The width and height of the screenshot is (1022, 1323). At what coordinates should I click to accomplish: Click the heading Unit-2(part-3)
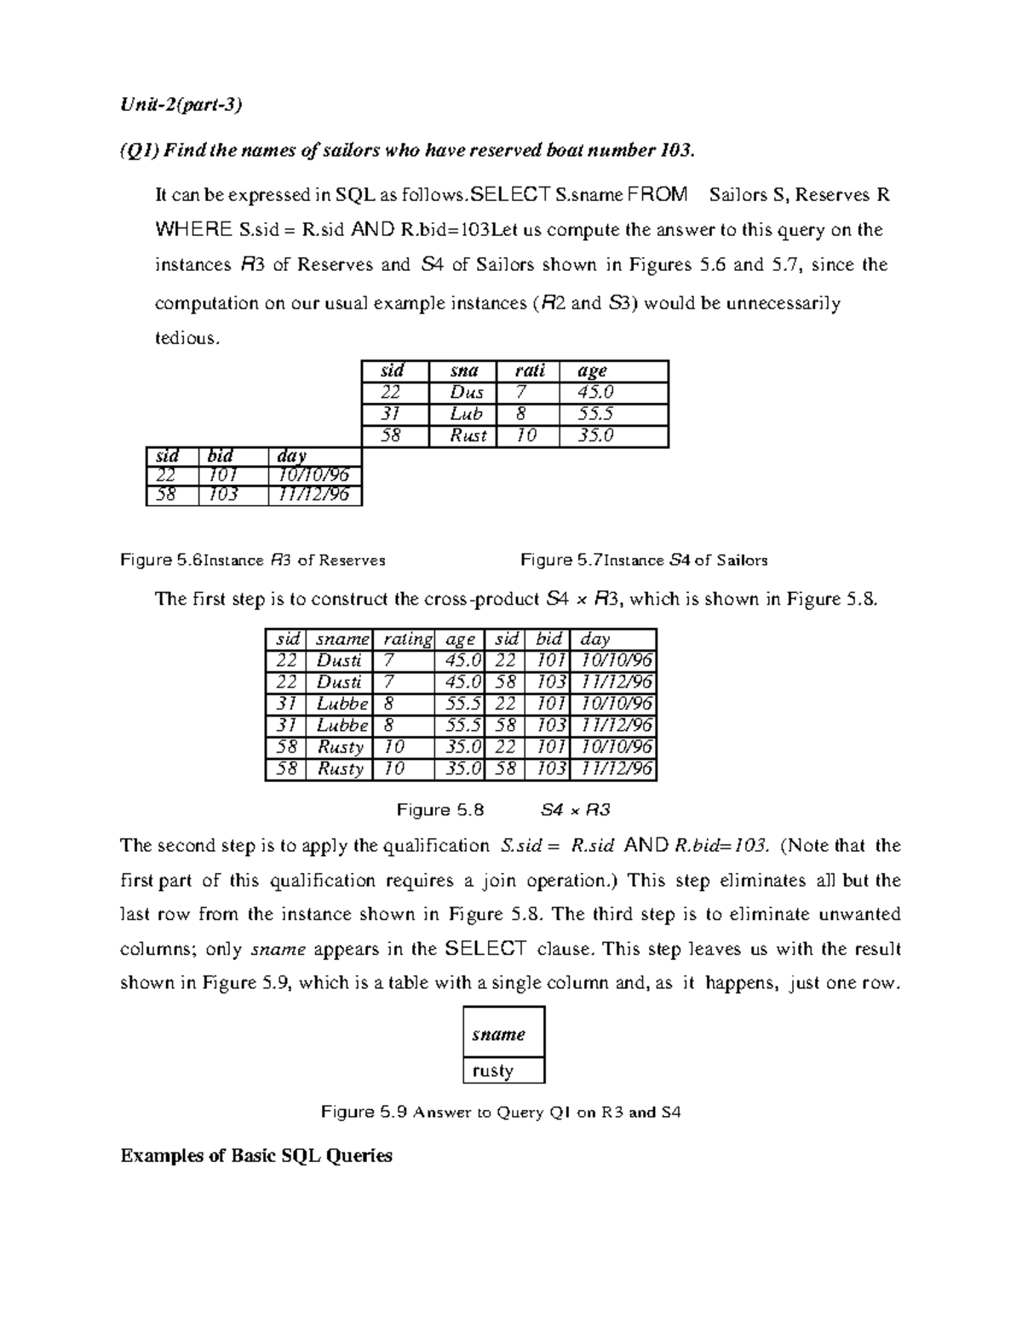click(181, 105)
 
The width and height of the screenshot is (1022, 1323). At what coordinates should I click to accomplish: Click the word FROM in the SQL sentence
click(656, 195)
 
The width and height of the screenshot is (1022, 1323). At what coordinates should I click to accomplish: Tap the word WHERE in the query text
click(193, 230)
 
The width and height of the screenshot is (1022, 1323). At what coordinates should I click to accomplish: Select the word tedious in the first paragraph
click(187, 338)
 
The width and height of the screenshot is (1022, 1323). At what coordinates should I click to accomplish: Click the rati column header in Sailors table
click(530, 371)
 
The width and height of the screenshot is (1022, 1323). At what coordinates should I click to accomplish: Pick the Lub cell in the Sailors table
click(466, 414)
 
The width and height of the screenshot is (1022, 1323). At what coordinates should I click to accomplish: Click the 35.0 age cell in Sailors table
click(595, 435)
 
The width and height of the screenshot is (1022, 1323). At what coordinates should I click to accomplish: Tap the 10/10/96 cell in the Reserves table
click(313, 475)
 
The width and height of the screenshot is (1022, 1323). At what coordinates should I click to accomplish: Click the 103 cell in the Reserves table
click(222, 495)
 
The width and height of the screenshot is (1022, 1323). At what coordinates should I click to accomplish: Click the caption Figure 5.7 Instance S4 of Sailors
click(644, 561)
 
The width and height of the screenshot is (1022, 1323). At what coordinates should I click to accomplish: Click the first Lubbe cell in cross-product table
click(342, 704)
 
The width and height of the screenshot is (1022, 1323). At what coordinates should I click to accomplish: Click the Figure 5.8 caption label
click(440, 810)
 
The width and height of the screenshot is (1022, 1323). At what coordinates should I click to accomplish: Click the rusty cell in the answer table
click(493, 1071)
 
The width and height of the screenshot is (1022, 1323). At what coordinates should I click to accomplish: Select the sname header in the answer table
click(499, 1034)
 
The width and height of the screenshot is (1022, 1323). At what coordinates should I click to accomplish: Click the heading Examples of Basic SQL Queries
click(256, 1156)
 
